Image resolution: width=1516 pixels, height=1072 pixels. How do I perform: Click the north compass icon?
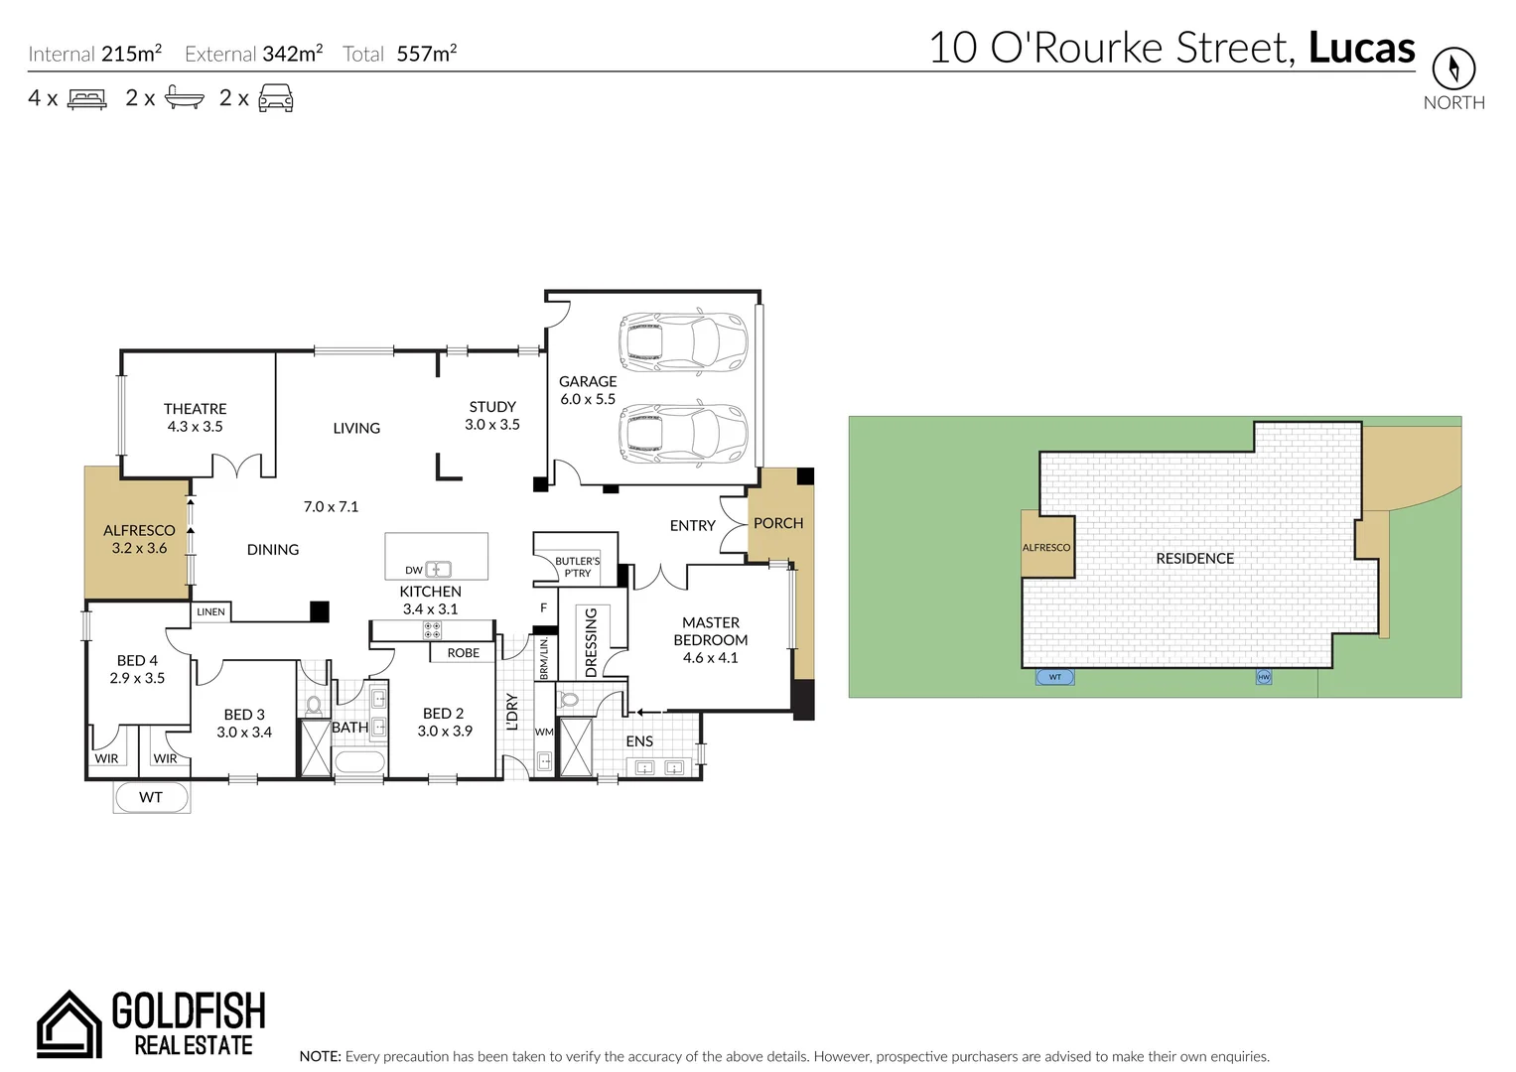(x=1453, y=68)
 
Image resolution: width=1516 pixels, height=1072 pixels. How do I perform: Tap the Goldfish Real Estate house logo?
(x=69, y=1023)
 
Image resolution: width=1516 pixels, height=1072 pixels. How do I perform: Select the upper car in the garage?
(x=682, y=342)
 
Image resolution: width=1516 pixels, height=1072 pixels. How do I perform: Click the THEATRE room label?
(x=195, y=409)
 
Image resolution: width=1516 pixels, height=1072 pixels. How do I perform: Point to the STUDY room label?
(x=492, y=407)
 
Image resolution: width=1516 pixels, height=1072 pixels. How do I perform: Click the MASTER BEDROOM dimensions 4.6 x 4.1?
(x=710, y=658)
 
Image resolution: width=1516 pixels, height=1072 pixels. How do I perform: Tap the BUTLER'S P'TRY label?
(x=577, y=567)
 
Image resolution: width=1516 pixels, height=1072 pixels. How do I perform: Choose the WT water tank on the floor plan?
(x=151, y=797)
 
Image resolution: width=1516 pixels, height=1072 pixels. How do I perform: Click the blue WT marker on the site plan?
(x=1054, y=677)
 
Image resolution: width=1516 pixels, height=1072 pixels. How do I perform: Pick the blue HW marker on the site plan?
(x=1264, y=677)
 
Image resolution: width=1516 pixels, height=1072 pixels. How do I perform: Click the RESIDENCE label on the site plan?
(x=1194, y=559)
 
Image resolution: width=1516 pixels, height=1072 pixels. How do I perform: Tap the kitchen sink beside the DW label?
(x=438, y=570)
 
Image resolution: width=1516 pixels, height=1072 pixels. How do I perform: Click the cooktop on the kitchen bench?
(x=432, y=629)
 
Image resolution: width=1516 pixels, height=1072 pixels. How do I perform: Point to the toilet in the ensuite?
(x=570, y=699)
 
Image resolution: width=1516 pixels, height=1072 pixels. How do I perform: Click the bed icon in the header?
(x=86, y=98)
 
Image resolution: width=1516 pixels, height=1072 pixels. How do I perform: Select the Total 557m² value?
(x=426, y=54)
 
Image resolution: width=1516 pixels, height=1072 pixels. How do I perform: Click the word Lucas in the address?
(x=1361, y=48)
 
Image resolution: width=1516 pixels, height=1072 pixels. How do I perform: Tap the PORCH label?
(x=778, y=523)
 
